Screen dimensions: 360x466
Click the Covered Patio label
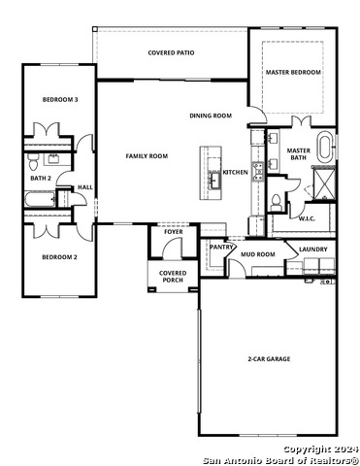[171, 52]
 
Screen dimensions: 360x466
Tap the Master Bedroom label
[293, 72]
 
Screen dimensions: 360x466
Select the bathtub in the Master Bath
[325, 148]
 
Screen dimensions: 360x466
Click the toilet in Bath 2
[33, 162]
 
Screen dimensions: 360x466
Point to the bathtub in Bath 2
[40, 199]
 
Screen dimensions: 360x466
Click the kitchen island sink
[214, 180]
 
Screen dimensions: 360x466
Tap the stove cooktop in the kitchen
[258, 172]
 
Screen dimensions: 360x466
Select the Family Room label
[147, 156]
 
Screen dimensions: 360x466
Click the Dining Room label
[211, 116]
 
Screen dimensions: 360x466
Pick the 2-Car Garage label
[269, 359]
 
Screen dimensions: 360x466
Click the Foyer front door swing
[173, 248]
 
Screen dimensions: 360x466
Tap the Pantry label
[221, 248]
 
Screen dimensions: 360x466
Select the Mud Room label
[258, 254]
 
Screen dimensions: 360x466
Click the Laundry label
[313, 250]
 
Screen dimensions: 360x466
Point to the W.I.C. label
[307, 218]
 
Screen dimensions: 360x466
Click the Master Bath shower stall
[324, 183]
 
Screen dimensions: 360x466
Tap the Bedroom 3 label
[60, 100]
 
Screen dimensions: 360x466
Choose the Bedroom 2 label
[60, 257]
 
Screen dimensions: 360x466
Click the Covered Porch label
[173, 277]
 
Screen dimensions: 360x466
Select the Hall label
[85, 187]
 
